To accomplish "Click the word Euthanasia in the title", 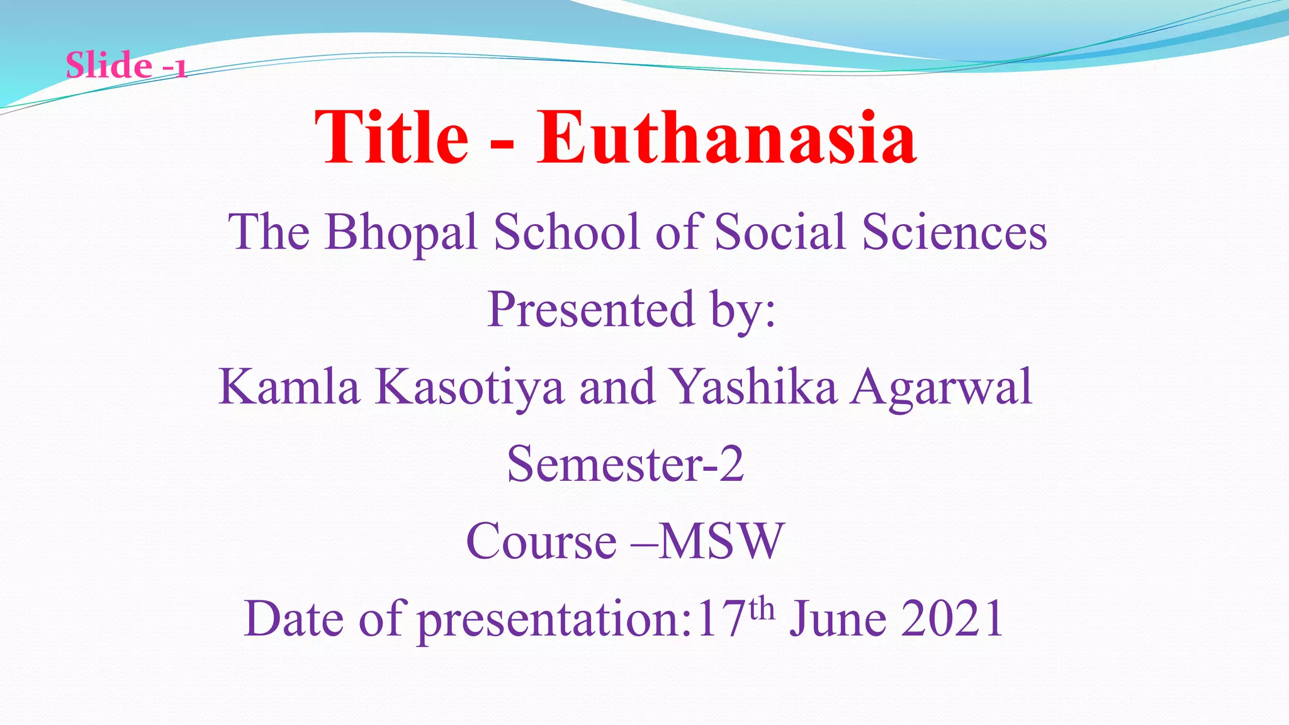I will (x=726, y=138).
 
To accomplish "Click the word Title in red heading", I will (x=391, y=138).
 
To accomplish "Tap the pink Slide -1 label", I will (x=126, y=65).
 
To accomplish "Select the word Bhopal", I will (x=401, y=233).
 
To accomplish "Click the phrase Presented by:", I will (x=631, y=310).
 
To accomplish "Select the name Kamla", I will (x=289, y=386).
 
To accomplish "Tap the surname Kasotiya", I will (x=470, y=388).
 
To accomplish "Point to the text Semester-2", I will (x=626, y=464).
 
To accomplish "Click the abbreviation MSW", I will (x=721, y=541).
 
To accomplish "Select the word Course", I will (x=541, y=541).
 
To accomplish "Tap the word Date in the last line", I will (x=294, y=619).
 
